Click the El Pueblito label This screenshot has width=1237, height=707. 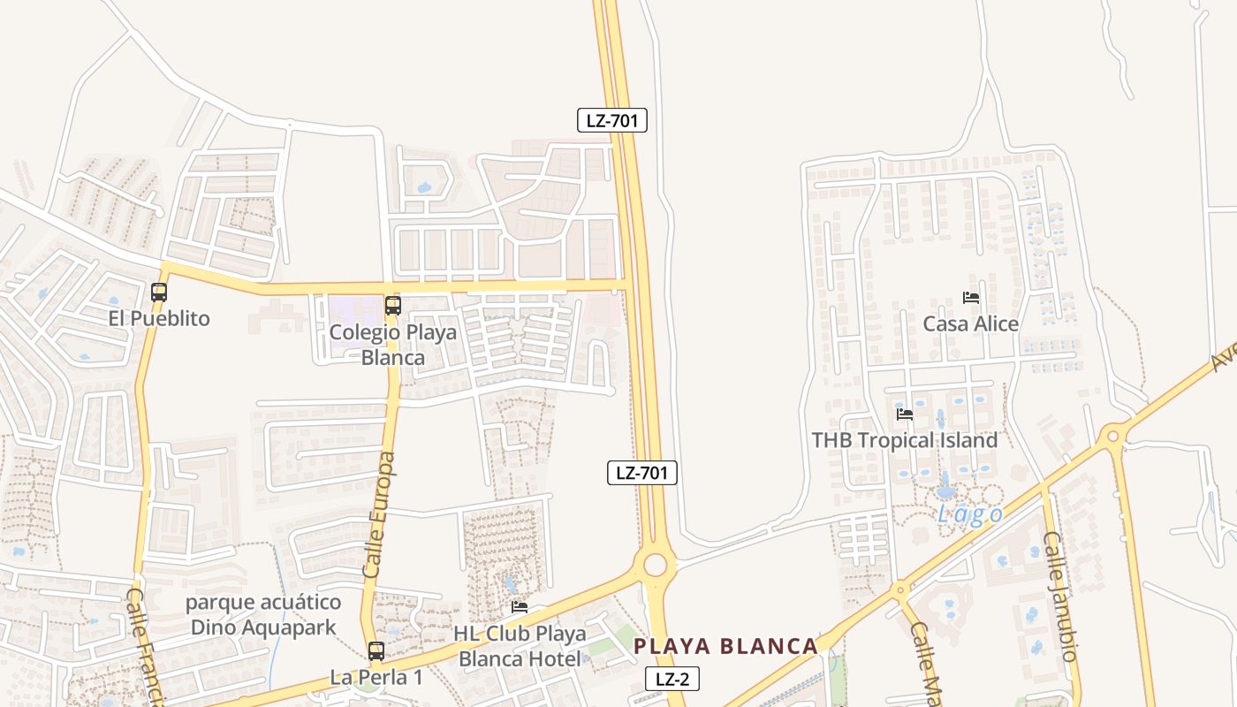point(159,318)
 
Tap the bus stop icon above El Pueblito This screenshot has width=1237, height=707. point(159,292)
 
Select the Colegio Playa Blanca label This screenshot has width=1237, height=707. point(393,345)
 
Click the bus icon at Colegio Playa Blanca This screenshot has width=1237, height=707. point(393,306)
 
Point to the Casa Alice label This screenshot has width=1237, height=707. point(971,323)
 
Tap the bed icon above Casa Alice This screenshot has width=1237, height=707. point(971,298)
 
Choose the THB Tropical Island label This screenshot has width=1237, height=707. point(905,439)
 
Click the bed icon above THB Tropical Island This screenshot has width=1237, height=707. point(905,414)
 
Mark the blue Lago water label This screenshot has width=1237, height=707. point(970,515)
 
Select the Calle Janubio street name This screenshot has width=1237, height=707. point(1060,596)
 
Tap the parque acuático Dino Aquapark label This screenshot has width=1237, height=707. point(263,615)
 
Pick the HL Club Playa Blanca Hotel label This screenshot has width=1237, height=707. point(520,646)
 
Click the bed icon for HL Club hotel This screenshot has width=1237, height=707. point(520,607)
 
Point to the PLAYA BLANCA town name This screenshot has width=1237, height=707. point(725,646)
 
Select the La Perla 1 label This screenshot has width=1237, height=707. point(376,678)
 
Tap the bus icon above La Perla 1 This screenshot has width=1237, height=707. point(376,651)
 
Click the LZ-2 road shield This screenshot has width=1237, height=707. point(672,679)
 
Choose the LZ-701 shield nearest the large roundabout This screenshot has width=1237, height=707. point(642,473)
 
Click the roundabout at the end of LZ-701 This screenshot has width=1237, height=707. point(655,564)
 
